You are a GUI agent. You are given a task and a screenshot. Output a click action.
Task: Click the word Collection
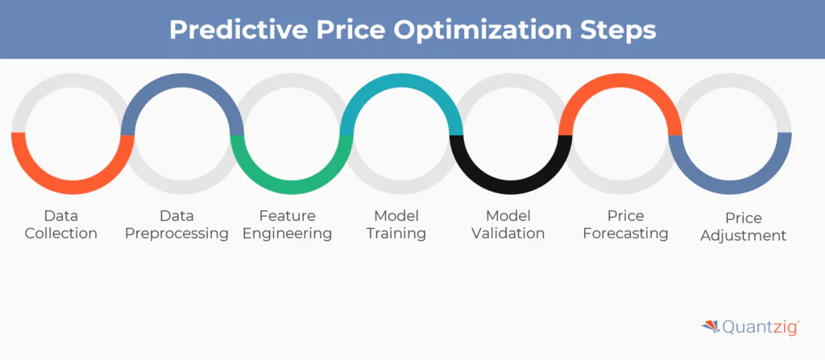[x=61, y=234]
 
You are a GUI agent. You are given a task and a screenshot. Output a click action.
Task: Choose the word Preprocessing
[x=182, y=234]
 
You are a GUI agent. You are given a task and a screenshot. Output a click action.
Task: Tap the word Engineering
[x=287, y=234]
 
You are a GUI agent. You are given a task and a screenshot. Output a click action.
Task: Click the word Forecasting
[x=626, y=234]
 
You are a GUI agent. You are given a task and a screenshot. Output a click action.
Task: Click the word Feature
[x=287, y=216]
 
